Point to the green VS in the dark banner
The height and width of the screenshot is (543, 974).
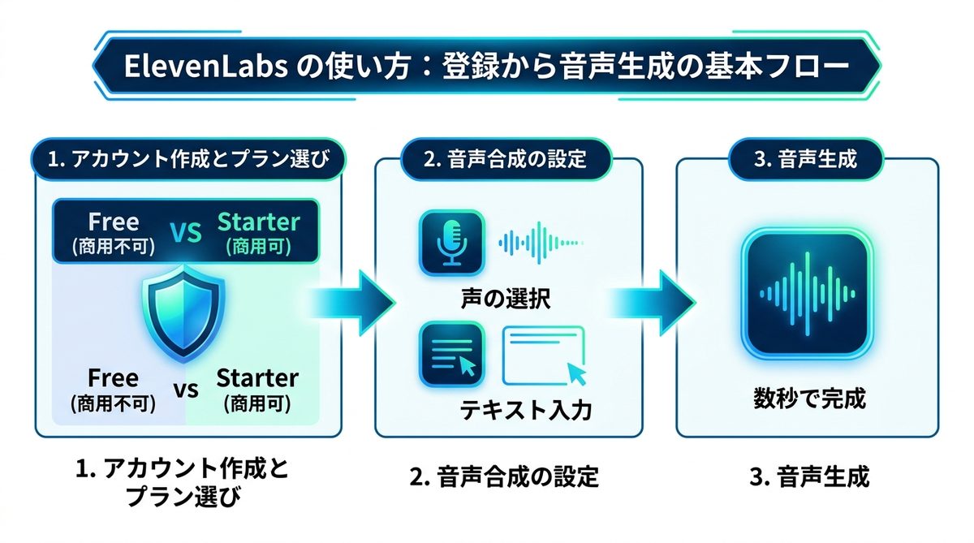coord(186,233)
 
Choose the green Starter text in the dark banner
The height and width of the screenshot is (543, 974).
coord(258,222)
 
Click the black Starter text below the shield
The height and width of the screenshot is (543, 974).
coord(257,378)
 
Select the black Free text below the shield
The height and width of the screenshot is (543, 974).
coord(114,378)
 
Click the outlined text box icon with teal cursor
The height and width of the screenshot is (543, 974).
coord(545,356)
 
